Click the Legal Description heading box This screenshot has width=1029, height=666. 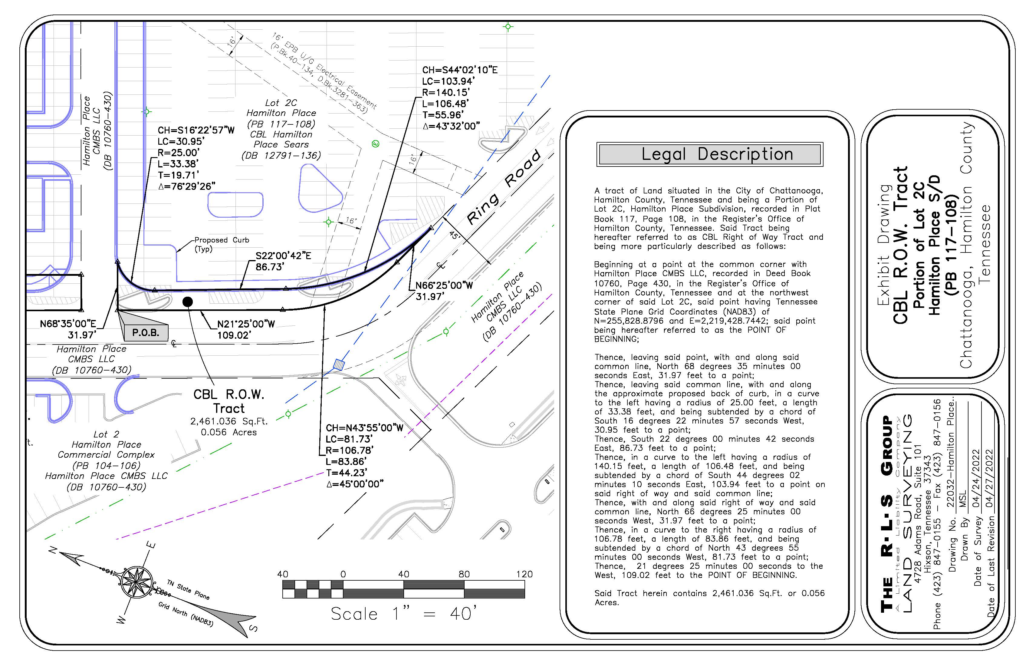(709, 154)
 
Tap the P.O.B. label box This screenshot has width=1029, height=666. (146, 333)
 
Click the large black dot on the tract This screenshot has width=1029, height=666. (188, 302)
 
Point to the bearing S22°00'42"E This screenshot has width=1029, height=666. (283, 256)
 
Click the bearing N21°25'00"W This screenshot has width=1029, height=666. (245, 324)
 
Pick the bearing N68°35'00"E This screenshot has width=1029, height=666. (68, 324)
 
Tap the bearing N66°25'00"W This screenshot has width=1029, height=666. (444, 285)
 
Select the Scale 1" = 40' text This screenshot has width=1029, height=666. (404, 614)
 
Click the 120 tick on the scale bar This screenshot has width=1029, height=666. (524, 574)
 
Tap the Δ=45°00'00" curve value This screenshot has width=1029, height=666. (354, 484)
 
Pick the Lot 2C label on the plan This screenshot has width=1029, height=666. (281, 103)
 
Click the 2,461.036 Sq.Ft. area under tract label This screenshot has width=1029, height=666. (229, 421)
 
